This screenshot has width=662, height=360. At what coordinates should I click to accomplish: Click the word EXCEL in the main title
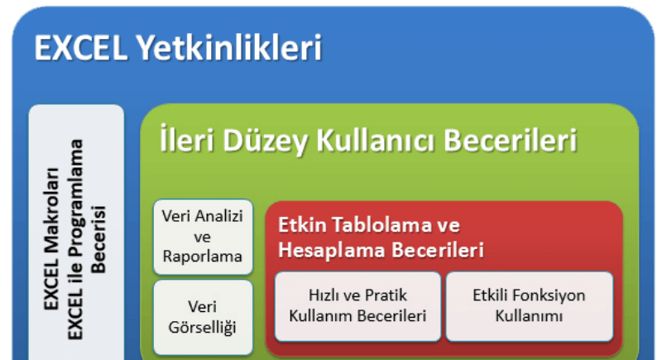click(x=80, y=48)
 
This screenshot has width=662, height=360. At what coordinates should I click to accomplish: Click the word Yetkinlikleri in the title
click(x=229, y=48)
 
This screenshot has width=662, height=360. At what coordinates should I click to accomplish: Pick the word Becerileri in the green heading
click(x=510, y=140)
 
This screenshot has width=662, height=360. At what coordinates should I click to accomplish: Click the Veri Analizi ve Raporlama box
click(x=203, y=237)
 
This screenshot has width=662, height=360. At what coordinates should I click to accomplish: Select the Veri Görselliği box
click(x=203, y=317)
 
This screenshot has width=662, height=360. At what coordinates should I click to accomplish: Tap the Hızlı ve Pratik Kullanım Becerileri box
click(x=357, y=306)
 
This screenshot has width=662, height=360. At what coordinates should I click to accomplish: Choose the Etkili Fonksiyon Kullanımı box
click(x=530, y=306)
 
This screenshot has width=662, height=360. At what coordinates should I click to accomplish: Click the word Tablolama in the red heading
click(x=382, y=224)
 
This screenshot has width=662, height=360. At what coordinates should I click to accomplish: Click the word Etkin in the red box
click(x=302, y=224)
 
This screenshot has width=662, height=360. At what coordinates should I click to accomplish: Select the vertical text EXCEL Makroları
click(x=51, y=239)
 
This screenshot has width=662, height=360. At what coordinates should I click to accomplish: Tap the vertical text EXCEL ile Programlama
click(x=75, y=239)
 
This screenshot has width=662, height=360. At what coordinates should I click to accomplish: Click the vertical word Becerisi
click(x=98, y=239)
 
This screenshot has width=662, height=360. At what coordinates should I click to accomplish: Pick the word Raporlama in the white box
click(x=203, y=257)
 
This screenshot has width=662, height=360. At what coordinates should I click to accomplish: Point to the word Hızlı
click(x=323, y=295)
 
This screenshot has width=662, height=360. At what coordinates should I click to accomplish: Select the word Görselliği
click(x=202, y=328)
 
